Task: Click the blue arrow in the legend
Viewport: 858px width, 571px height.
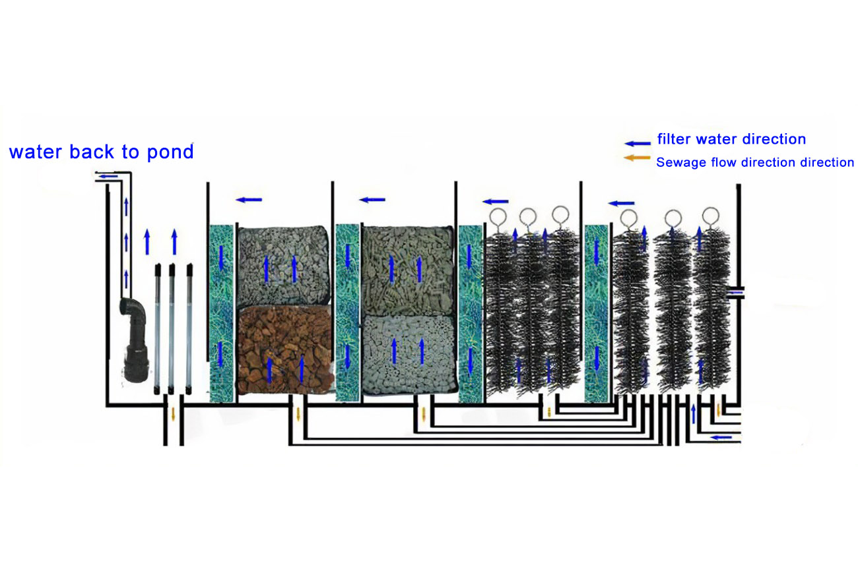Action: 638,142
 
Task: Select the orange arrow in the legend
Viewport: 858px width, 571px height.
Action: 638,158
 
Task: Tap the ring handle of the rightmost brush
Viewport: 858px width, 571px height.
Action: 710,216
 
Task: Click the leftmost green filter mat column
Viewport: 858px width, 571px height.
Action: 221,313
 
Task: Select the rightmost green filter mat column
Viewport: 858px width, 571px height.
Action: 596,313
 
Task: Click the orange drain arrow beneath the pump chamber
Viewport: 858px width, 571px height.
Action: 173,415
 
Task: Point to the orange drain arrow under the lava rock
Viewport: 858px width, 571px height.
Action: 298,415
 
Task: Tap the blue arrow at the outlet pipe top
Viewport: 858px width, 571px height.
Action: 110,175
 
